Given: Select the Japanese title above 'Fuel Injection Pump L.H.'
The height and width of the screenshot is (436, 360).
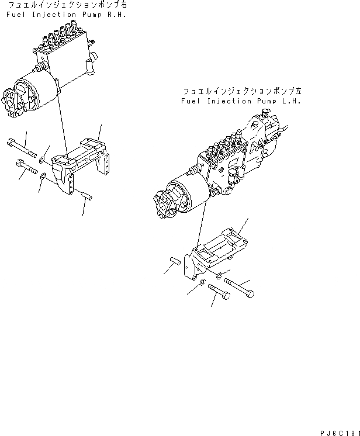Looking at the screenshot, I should pyautogui.click(x=243, y=92).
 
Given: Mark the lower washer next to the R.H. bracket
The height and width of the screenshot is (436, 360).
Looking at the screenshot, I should pyautogui.click(x=44, y=175).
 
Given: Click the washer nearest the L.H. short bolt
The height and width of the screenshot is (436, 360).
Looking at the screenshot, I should pyautogui.click(x=202, y=283).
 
